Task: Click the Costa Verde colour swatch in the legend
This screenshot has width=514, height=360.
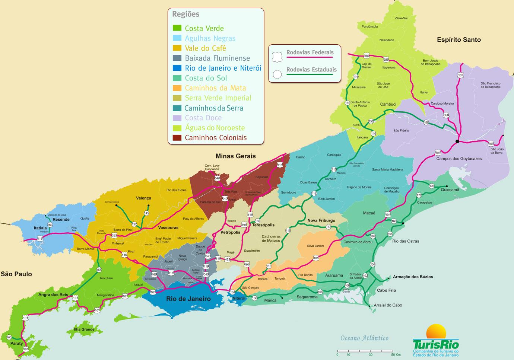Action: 177,28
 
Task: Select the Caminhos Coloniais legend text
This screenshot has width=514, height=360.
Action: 216,138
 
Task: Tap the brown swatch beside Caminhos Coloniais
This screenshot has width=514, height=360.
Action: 177,138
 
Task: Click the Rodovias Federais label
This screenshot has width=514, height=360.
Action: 310,52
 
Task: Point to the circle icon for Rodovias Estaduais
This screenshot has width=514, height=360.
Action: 277,74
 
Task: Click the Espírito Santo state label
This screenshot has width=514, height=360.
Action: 459,40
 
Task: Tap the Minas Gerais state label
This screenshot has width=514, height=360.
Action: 235,156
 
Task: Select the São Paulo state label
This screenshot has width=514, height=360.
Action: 16,274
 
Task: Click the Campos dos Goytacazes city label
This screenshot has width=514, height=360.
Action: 459,159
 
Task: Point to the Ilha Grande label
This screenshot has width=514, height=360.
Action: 84,329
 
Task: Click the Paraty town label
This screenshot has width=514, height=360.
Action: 16,343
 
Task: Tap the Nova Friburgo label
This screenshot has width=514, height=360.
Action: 321,220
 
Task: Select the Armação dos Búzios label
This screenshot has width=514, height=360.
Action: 413,277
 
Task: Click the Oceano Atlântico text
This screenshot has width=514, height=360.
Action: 364,338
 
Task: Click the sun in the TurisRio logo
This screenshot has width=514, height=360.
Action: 436,332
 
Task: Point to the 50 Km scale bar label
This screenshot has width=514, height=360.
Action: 396,355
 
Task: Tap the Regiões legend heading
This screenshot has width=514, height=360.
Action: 185,14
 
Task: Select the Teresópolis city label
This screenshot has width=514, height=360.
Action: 263,225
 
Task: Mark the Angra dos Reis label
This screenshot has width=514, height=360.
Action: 53,294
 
